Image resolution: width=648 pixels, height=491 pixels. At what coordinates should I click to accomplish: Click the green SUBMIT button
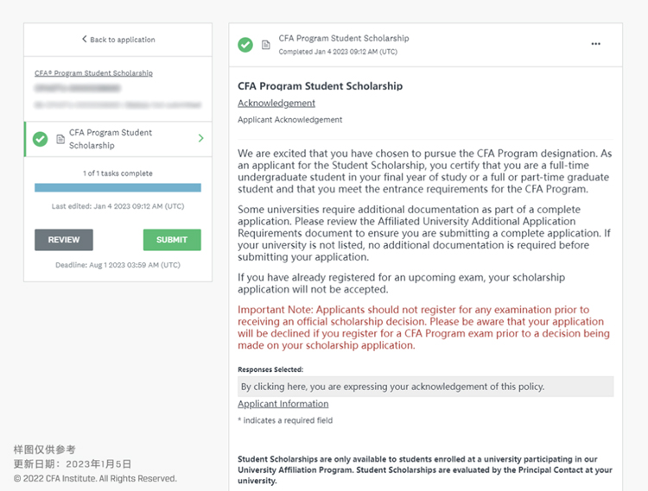172,240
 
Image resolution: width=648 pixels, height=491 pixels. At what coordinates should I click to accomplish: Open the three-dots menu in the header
595,44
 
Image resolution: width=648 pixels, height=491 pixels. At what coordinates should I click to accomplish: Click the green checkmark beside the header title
246,44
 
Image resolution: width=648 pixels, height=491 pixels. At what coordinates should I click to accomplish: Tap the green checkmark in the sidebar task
40,139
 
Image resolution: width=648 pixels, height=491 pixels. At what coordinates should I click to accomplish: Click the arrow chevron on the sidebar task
201,138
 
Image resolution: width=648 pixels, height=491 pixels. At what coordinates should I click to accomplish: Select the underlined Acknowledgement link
276,104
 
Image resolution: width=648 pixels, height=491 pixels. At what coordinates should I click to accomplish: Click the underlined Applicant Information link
283,404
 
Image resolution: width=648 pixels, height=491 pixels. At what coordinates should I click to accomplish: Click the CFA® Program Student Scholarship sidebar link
93,73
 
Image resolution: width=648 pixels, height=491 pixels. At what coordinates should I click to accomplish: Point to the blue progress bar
118,187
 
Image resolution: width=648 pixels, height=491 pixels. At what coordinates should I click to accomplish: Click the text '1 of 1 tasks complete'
118,173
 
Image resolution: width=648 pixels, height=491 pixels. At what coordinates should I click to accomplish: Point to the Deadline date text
118,265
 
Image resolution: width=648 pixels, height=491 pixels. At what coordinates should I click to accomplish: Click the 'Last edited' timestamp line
118,206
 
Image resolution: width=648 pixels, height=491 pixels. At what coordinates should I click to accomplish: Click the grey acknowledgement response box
425,387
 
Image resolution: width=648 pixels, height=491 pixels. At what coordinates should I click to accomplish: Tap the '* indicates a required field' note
285,420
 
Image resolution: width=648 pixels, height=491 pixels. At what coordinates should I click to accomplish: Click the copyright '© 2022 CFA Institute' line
95,478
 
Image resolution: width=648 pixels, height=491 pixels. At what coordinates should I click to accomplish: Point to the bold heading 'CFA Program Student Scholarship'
320,86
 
